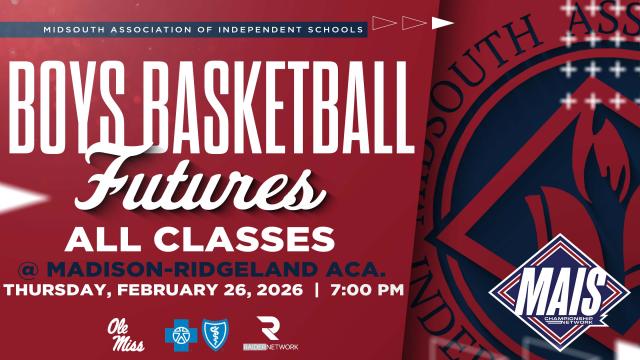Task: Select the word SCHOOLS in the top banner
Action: coord(335,29)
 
